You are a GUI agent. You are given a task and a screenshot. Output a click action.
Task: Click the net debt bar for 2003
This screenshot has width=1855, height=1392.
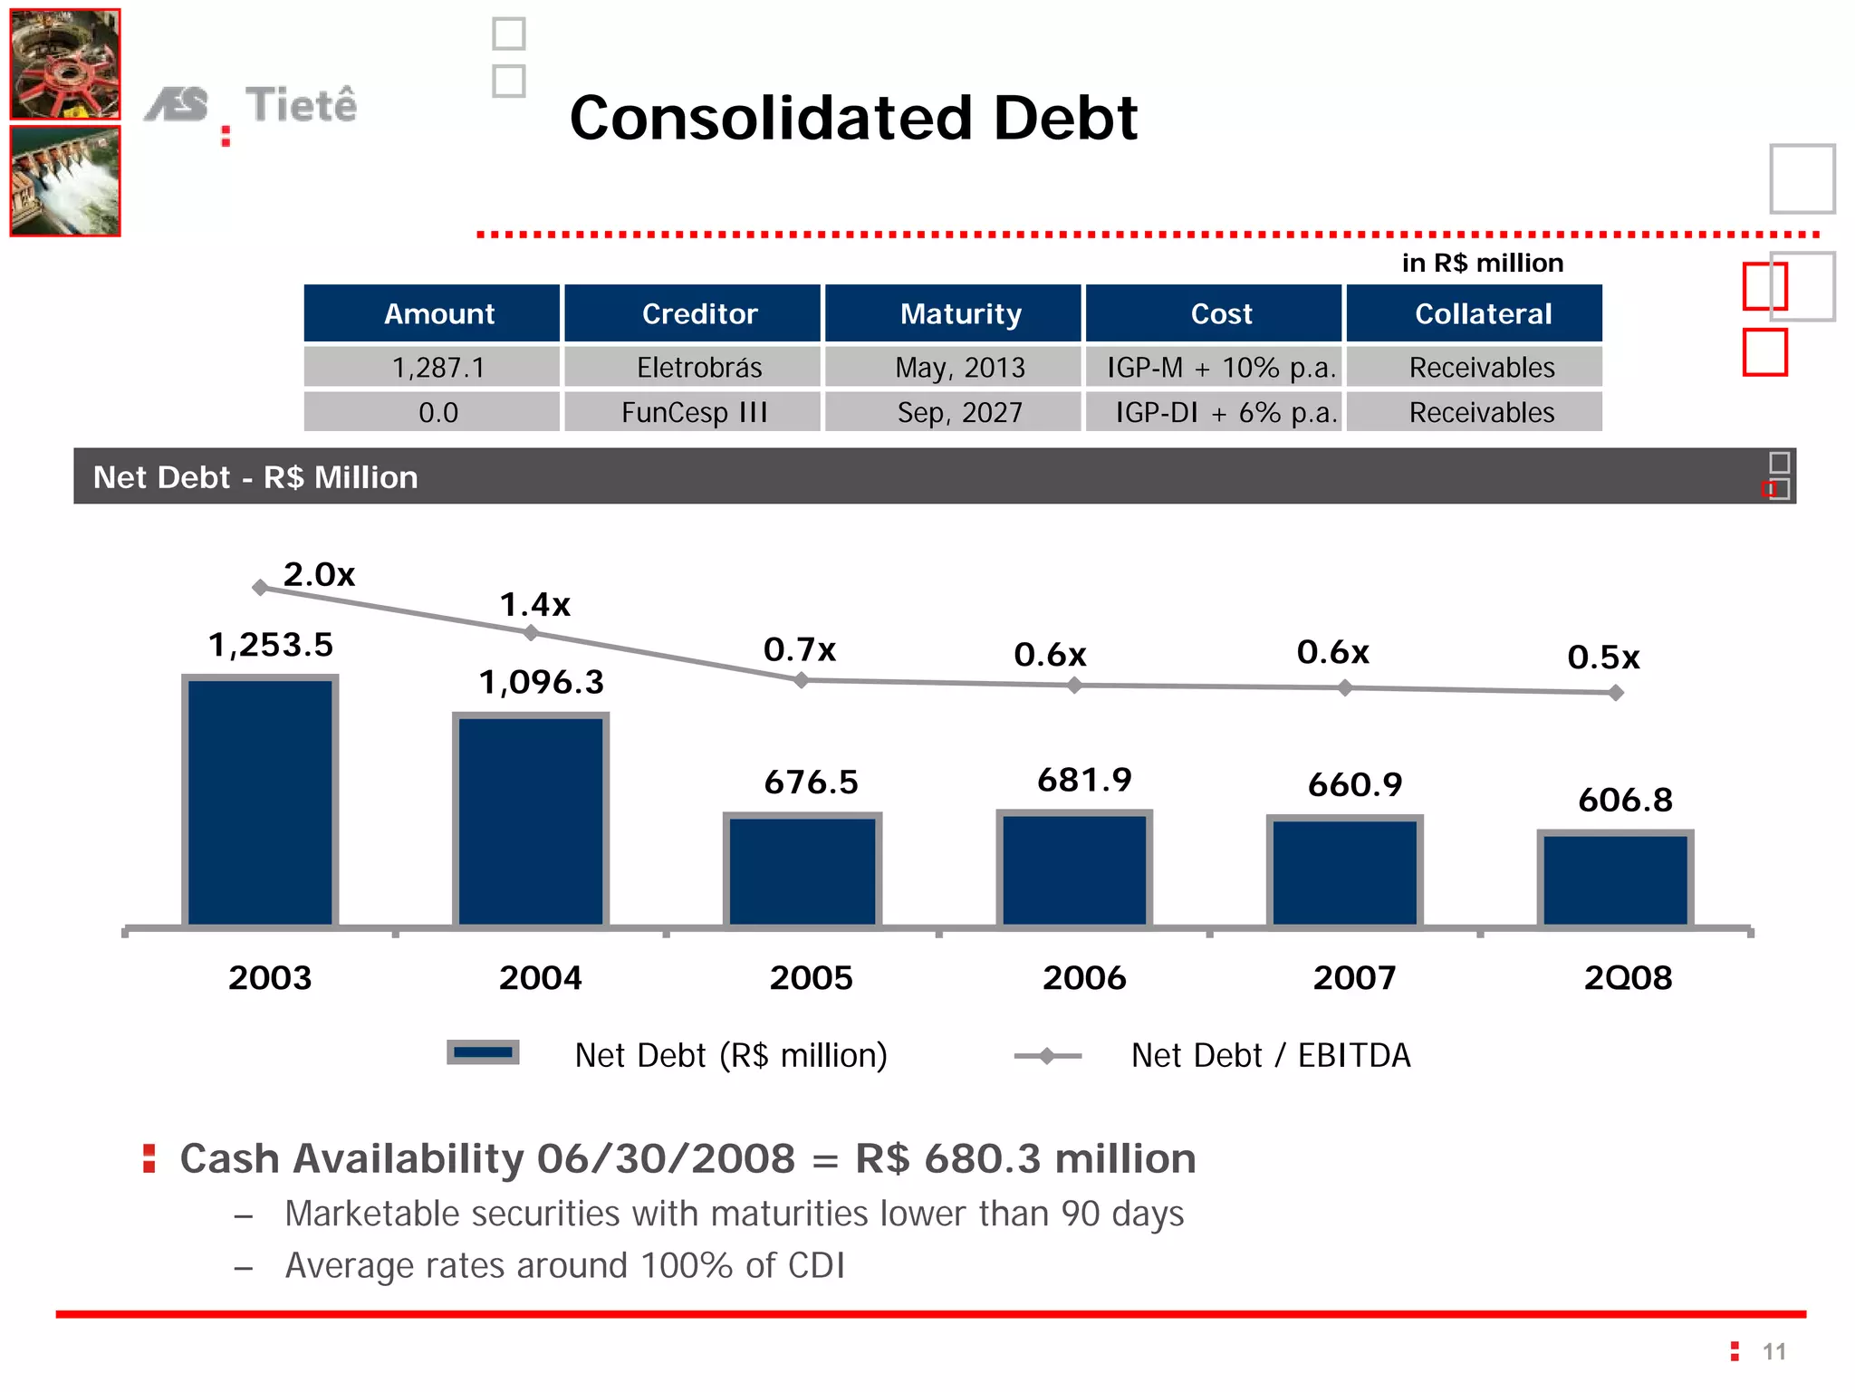261,802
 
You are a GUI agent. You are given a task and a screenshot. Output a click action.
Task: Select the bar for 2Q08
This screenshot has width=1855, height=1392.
1615,878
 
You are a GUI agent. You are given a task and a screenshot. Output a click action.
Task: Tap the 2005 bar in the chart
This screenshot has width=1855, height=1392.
803,869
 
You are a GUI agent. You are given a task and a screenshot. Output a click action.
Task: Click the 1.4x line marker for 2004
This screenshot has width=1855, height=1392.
532,633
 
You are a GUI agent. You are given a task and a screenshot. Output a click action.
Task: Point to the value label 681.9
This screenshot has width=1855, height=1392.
1084,780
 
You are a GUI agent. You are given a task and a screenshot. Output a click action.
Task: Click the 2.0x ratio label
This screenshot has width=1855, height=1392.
319,574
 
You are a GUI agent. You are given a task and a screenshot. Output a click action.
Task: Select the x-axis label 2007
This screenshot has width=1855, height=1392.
1354,978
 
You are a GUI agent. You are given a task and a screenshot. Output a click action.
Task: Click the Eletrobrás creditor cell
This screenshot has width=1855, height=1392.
698,368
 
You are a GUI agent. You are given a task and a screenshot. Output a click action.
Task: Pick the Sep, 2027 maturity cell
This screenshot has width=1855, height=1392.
959,413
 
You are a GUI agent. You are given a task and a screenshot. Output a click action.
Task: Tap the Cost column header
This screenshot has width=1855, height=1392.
1220,314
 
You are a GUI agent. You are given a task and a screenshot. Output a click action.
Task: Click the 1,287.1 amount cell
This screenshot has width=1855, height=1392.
438,368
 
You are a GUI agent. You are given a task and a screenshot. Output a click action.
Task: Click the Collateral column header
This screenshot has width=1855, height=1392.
1482,314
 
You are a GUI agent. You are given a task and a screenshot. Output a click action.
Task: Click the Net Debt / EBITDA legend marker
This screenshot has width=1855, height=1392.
1047,1055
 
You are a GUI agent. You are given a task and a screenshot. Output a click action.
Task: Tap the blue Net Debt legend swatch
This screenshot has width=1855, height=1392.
483,1052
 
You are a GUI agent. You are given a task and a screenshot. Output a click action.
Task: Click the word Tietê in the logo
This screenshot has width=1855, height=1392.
301,104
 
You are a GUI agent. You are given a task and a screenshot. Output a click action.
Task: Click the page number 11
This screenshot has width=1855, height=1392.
1773,1352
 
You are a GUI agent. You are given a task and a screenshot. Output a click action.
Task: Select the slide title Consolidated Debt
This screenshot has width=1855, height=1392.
853,118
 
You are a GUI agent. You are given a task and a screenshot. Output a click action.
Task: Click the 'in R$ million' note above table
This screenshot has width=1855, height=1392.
1482,264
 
